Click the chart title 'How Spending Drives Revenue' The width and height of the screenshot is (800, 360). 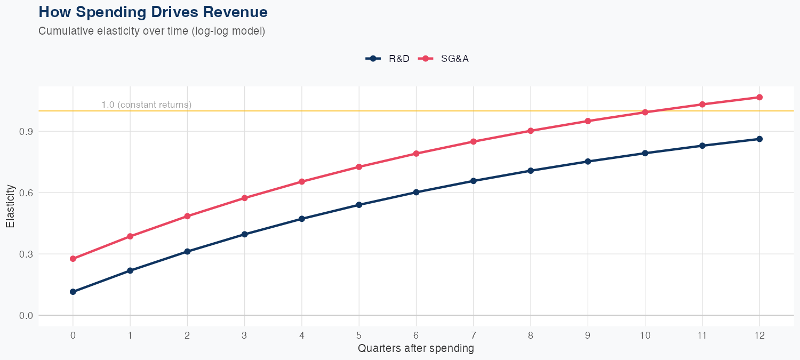(x=153, y=12)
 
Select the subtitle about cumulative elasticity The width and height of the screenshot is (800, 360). (x=151, y=31)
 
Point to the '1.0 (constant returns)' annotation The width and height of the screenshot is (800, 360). (x=146, y=105)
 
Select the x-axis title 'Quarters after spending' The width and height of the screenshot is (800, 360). (x=415, y=349)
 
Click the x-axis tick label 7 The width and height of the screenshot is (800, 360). (x=473, y=335)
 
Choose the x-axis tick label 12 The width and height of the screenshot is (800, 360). (x=759, y=335)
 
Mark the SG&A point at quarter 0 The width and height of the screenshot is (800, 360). (x=73, y=259)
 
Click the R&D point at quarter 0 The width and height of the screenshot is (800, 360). (x=73, y=292)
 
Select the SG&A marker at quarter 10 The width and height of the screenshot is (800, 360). (x=645, y=112)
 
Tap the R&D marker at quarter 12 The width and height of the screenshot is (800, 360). (x=759, y=139)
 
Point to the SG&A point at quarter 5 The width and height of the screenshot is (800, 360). (x=359, y=167)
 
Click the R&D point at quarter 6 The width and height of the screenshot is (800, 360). (x=416, y=192)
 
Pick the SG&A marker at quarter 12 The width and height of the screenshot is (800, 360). (x=759, y=97)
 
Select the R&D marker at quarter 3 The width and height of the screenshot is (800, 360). (x=245, y=234)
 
